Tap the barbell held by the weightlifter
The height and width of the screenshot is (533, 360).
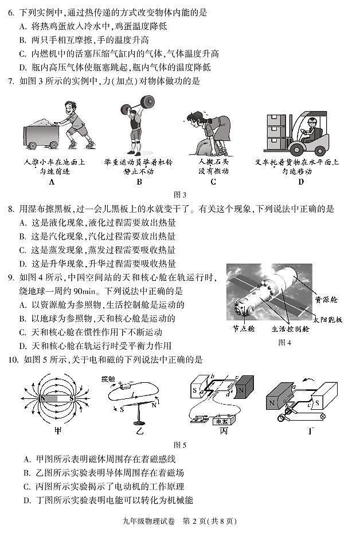137,103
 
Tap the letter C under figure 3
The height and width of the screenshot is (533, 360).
213,182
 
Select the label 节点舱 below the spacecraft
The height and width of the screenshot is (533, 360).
243,329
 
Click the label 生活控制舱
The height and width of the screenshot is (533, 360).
290,329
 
